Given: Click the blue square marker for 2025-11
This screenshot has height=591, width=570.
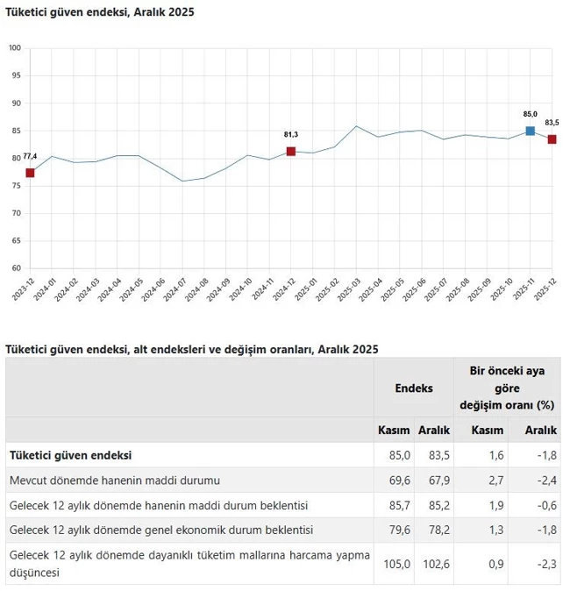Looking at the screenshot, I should (x=531, y=132).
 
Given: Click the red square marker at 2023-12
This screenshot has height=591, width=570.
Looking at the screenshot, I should (x=30, y=173).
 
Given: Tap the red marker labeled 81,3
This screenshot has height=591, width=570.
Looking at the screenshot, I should (x=291, y=152).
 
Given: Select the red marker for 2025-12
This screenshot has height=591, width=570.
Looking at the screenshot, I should (x=552, y=139).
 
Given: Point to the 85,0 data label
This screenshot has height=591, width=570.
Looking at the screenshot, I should (x=530, y=114).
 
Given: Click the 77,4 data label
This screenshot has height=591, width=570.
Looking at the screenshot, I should (x=29, y=156).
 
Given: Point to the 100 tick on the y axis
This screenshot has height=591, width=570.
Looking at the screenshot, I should (x=15, y=47).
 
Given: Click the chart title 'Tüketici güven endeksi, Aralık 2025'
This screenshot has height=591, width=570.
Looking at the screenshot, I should (x=100, y=12).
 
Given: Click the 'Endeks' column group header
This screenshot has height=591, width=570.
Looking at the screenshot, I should (x=413, y=387).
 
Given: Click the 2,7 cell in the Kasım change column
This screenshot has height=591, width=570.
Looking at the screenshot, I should (x=495, y=480).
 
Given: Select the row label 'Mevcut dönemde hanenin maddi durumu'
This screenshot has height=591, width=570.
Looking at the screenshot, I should (x=114, y=480).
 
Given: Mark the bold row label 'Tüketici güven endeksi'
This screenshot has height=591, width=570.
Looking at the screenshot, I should (x=70, y=455).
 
